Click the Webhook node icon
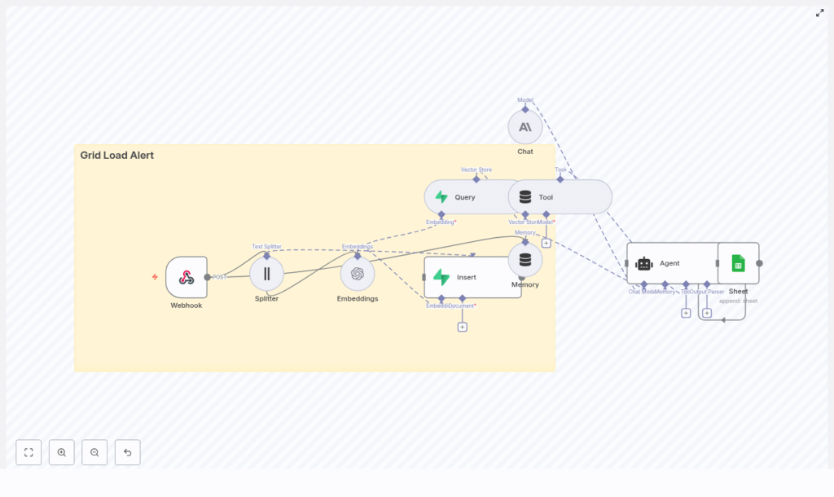click(x=187, y=277)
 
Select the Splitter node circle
click(x=266, y=274)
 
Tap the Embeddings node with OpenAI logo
click(x=358, y=274)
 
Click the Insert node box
click(x=472, y=277)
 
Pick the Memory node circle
click(x=525, y=260)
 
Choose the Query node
click(x=464, y=197)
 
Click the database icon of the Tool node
click(x=525, y=197)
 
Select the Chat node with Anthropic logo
click(x=525, y=127)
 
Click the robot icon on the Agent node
click(x=644, y=263)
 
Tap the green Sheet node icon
click(x=738, y=263)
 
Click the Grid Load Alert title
click(x=116, y=155)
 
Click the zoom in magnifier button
click(x=62, y=452)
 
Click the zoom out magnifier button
click(x=94, y=452)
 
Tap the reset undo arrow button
click(x=127, y=452)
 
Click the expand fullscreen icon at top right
click(x=819, y=13)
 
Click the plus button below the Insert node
click(x=462, y=327)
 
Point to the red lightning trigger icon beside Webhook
click(x=155, y=277)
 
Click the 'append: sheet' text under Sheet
click(x=738, y=301)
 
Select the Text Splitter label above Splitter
click(x=266, y=246)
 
